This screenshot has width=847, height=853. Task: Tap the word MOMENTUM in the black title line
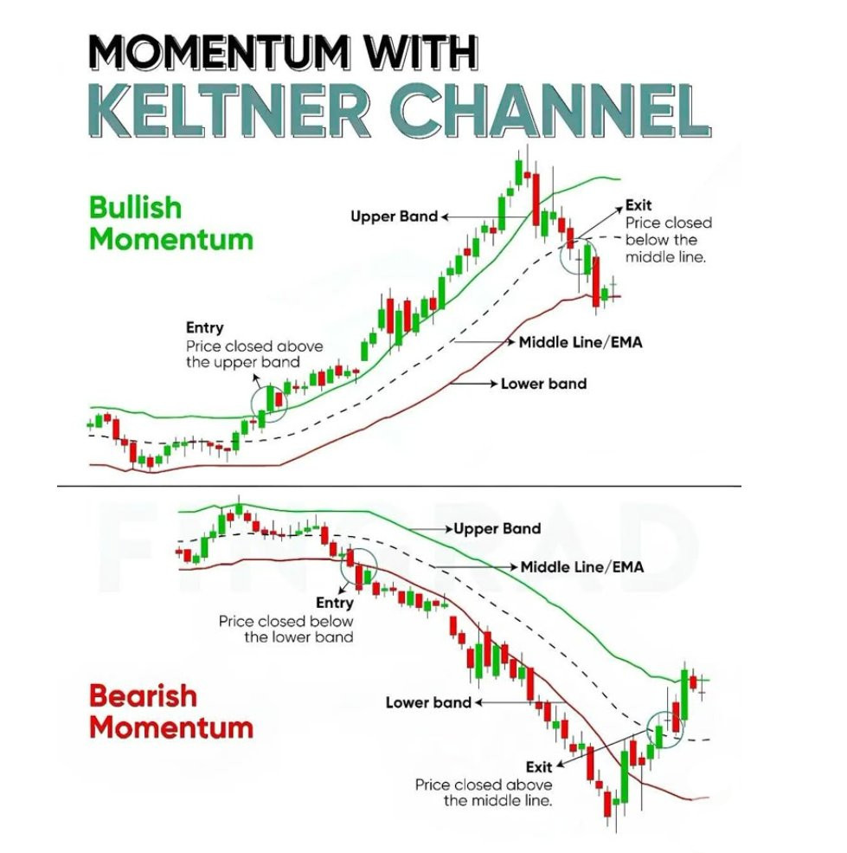pos(218,52)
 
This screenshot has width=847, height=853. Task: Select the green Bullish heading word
pos(135,207)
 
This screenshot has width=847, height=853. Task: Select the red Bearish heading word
pos(143,695)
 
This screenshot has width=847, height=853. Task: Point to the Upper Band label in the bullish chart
pos(395,216)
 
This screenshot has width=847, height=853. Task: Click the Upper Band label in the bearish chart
pos(497,529)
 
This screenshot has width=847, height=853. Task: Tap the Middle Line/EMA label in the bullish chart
pos(581,343)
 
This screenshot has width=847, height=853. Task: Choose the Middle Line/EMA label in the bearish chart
pos(582,567)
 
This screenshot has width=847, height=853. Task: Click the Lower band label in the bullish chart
pos(543,384)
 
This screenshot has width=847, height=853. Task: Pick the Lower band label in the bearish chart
pos(428,703)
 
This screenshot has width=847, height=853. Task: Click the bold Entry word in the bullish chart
pos(204,328)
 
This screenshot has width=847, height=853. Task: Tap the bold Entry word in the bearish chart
pos(334,603)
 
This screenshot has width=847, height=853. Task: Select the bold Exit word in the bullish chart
pos(638,205)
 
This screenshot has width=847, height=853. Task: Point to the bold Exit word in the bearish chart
pos(539,767)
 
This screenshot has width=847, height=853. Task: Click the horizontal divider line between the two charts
pos(399,486)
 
